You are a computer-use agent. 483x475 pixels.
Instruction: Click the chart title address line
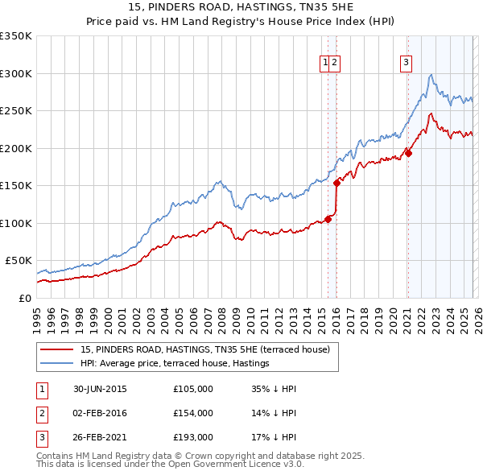(242, 7)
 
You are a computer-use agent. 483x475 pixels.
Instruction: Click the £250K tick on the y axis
(16, 110)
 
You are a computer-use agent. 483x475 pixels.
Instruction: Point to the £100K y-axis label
(16, 223)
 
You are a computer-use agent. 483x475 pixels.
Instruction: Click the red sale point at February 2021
(408, 153)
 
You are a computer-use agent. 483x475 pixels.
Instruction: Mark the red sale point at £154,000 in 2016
(336, 183)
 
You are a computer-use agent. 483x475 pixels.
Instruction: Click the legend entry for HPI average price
(175, 364)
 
